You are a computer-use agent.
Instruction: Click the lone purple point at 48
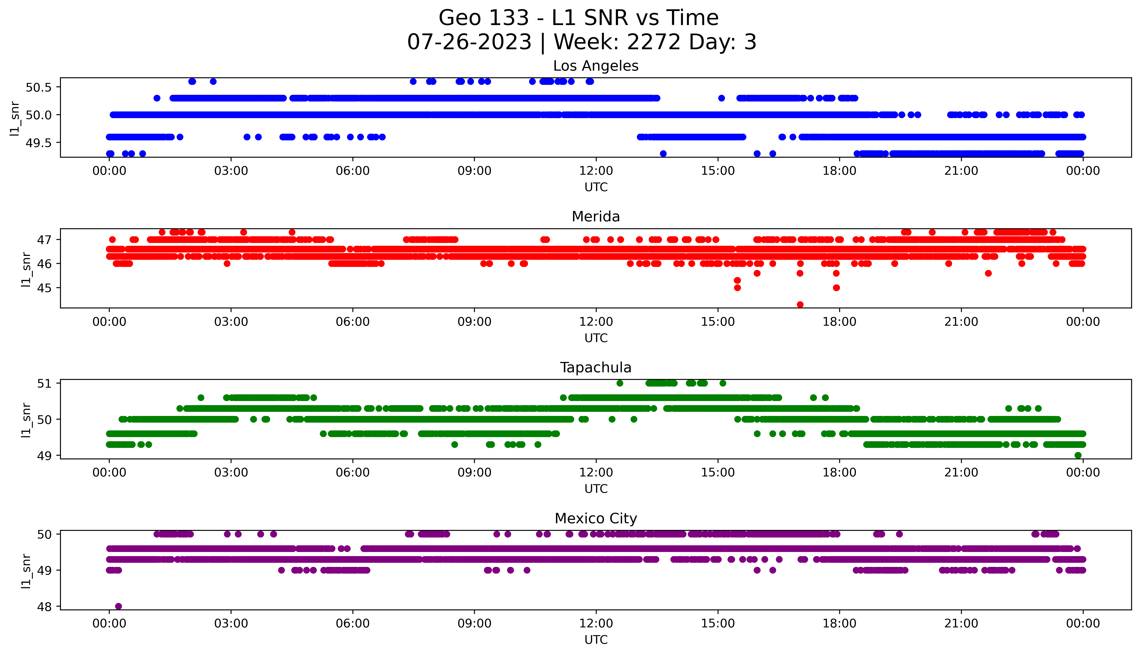point(118,606)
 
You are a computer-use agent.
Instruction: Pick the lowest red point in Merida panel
point(800,305)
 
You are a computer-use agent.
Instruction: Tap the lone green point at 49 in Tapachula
point(1078,455)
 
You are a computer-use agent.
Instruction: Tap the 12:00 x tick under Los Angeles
point(596,171)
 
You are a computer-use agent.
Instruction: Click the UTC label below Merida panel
point(596,338)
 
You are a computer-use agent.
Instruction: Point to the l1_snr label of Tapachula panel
point(26,419)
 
